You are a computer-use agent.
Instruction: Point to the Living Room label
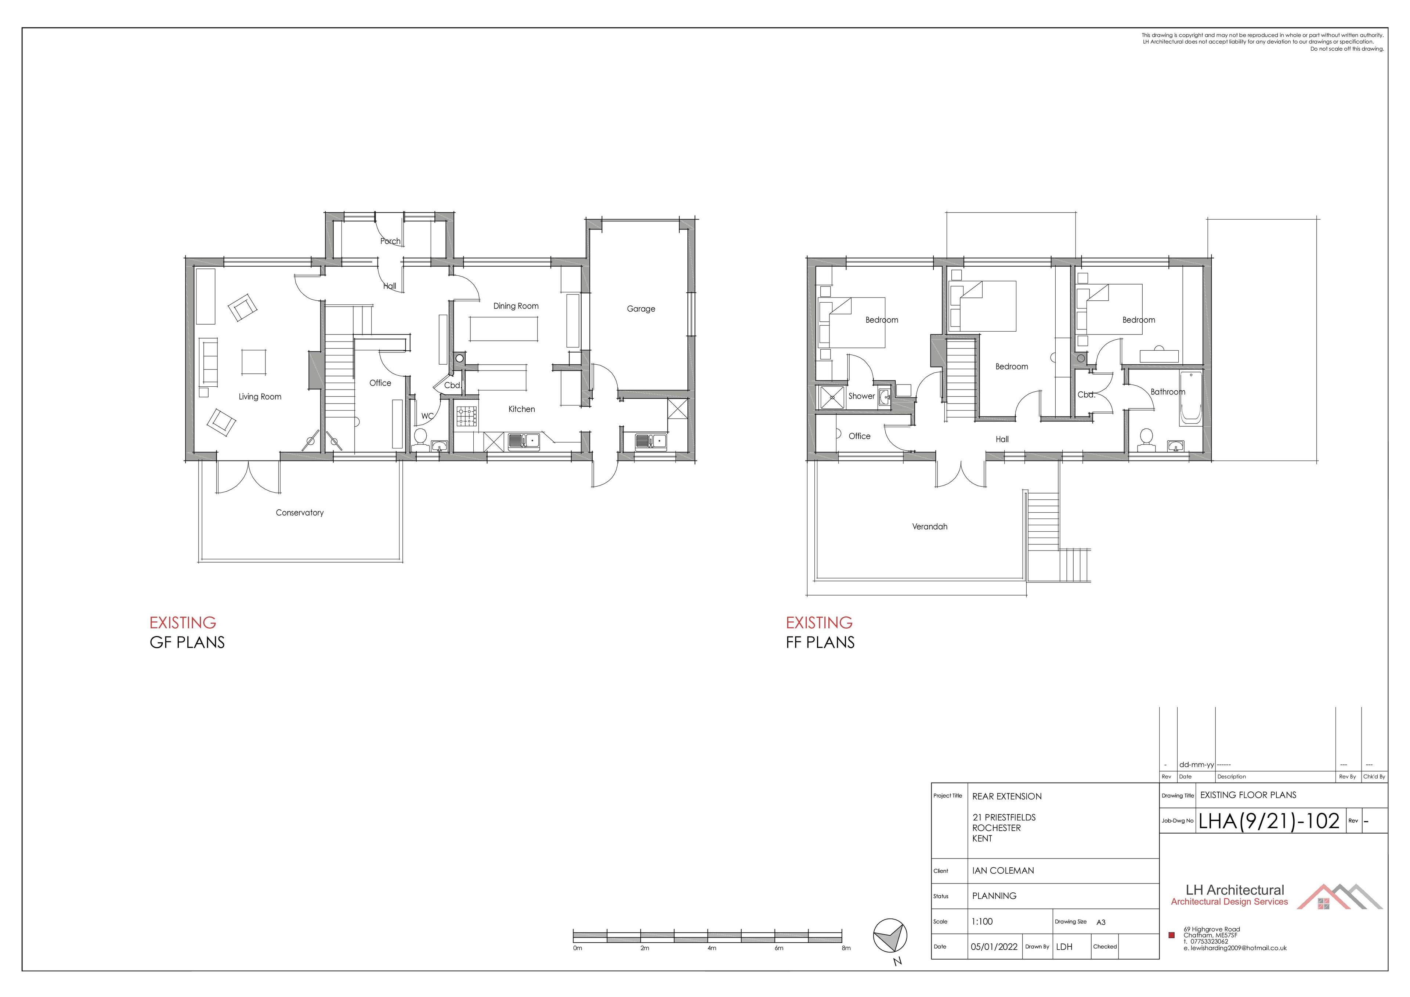click(x=260, y=397)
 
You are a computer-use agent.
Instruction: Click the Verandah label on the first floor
click(x=930, y=527)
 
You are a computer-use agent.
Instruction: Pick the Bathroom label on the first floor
click(x=1167, y=392)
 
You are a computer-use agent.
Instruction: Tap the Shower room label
click(x=861, y=396)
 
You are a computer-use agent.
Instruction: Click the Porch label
click(x=390, y=241)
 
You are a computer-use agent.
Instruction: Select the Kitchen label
click(x=521, y=409)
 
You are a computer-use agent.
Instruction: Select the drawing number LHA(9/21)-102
click(x=1269, y=821)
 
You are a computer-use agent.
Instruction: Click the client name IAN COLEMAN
click(x=1003, y=871)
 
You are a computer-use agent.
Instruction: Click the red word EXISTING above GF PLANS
click(x=183, y=623)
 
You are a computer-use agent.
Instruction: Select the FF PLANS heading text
click(x=820, y=643)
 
